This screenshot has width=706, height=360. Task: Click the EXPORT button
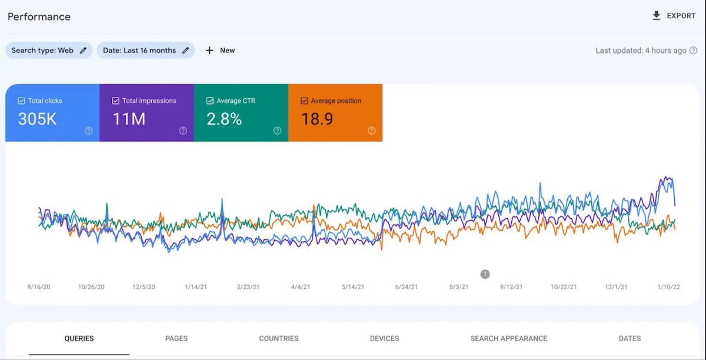point(674,16)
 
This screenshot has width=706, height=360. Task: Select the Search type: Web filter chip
point(49,51)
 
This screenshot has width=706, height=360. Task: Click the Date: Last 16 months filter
point(145,51)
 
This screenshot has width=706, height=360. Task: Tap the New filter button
point(220,51)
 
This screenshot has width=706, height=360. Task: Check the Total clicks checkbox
point(22,101)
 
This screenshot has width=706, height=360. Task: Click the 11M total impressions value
point(129,119)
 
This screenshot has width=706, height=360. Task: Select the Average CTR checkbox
point(210,101)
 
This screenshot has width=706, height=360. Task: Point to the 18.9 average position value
point(317,119)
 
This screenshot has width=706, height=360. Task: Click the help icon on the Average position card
point(371,131)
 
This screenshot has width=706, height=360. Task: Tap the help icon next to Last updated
point(694,51)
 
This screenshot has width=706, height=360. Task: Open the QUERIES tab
point(79,338)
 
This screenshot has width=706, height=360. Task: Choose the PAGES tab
point(176,338)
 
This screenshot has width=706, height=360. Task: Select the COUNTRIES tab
point(279,338)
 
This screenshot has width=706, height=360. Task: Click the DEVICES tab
point(385,338)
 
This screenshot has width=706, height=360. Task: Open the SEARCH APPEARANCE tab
point(509,338)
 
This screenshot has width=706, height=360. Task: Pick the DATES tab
point(630,338)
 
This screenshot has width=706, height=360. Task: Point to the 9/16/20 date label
point(39,287)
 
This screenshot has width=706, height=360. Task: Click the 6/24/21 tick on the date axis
point(406,287)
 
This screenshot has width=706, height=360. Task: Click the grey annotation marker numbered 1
point(485,274)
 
